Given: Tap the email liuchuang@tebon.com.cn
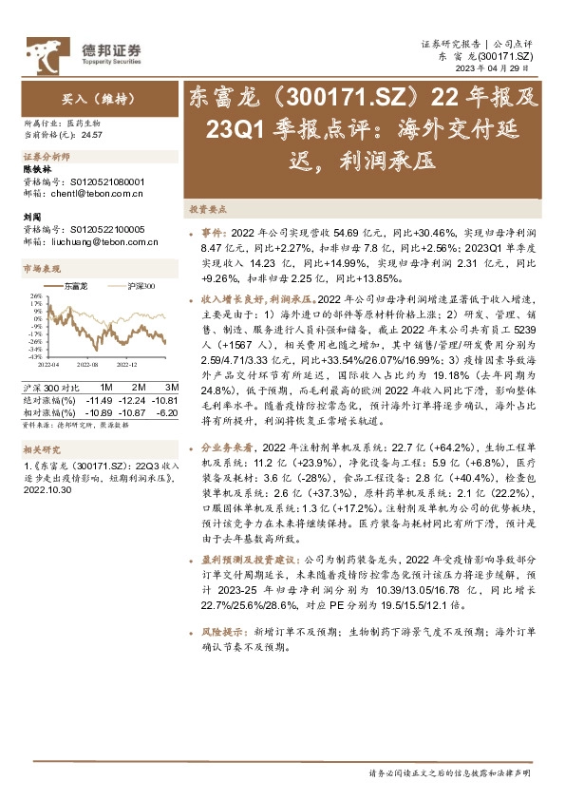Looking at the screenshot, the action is point(100,241).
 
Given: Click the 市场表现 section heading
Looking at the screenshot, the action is point(39,269).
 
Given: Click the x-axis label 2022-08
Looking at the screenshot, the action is point(88,363).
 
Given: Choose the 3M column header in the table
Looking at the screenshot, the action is point(172,388).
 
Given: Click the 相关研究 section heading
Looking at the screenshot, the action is point(39,449).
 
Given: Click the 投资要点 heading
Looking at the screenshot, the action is point(206,208).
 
